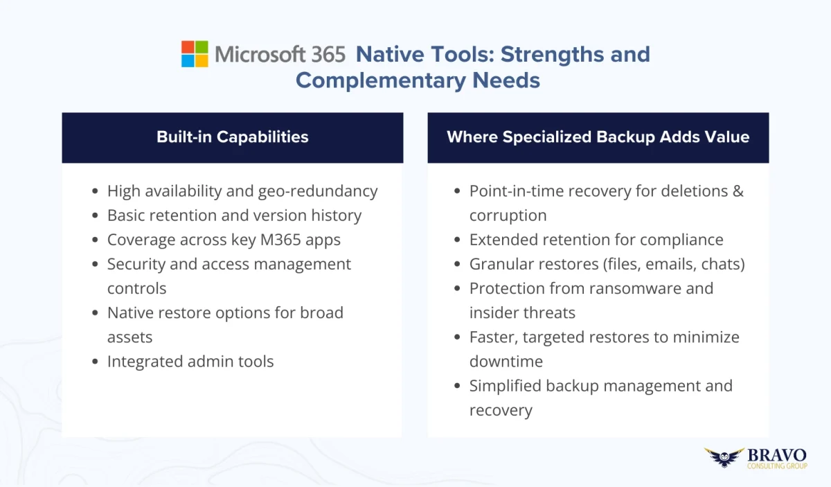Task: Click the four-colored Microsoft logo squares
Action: point(195,54)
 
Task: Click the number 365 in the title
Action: point(328,54)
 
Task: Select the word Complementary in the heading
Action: point(381,81)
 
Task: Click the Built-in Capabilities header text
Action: point(233,137)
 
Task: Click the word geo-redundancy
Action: point(318,191)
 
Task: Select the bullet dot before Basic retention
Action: point(95,215)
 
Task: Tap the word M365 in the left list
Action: point(280,240)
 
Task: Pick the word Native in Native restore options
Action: point(130,313)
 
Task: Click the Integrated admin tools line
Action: point(190,362)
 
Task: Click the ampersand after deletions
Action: point(739,191)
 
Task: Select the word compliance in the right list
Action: point(682,240)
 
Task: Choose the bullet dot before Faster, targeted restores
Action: point(457,337)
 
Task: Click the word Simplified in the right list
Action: point(505,387)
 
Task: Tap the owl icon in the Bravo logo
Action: point(724,457)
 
